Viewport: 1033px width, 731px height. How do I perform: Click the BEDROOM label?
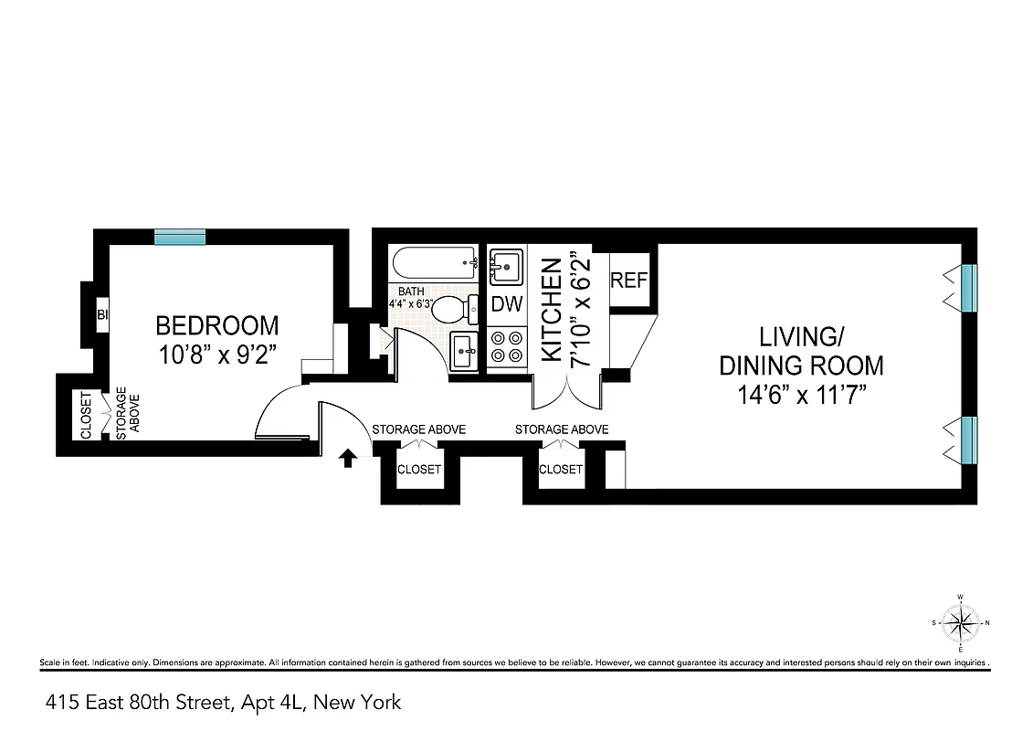pos(216,325)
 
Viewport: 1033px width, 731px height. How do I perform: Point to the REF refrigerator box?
pos(628,280)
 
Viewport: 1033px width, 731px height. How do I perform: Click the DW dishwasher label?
pos(507,304)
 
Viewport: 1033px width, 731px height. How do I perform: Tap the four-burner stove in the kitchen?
pos(507,347)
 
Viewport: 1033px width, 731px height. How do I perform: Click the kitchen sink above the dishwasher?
pos(505,267)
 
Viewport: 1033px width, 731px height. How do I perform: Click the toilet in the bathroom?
pos(452,311)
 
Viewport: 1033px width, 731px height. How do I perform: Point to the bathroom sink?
pos(463,350)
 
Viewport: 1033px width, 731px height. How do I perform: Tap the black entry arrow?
pos(347,457)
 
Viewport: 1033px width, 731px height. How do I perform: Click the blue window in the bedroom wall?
pos(179,237)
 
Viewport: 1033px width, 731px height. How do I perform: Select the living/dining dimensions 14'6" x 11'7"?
pos(801,397)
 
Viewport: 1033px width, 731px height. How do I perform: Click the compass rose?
pos(960,623)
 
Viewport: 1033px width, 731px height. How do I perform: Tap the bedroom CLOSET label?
pos(87,416)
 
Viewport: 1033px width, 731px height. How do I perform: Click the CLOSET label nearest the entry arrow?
pos(418,470)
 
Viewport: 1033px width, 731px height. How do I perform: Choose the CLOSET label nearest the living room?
pos(560,470)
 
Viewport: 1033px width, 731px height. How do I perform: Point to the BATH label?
pos(411,291)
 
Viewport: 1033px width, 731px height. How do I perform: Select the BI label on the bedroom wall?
pos(102,316)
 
